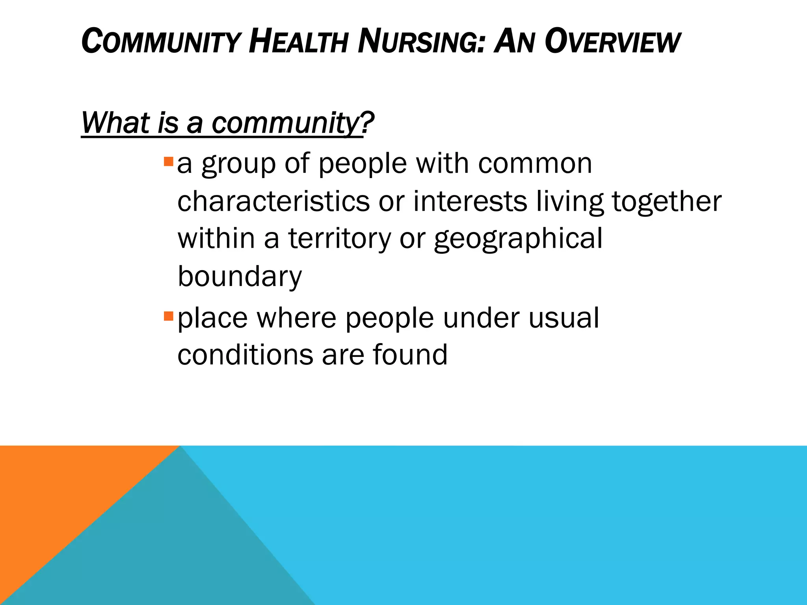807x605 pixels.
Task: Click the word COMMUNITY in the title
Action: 161,42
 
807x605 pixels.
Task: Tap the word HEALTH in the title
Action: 298,42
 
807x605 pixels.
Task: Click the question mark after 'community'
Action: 367,123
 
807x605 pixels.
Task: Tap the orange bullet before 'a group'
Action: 168,161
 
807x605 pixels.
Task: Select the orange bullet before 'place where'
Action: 168,315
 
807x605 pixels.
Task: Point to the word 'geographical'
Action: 518,239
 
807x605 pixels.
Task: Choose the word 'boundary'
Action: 240,277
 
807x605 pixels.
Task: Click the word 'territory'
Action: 339,239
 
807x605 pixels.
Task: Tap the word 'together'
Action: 667,201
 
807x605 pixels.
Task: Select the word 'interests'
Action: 470,201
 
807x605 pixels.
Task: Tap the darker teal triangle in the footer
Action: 177,551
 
